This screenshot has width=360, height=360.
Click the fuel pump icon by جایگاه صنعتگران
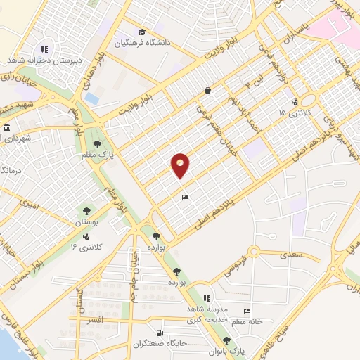point(161,333)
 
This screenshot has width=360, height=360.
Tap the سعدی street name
point(290,255)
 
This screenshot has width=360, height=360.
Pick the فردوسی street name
point(238,264)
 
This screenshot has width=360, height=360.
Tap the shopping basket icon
point(208,90)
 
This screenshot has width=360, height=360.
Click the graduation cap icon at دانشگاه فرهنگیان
point(143,32)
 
